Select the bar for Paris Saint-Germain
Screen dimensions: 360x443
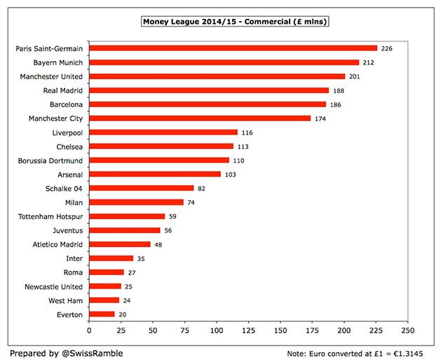pos(233,48)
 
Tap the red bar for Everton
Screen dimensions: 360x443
pos(102,314)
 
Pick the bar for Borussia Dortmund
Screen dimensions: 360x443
pos(159,160)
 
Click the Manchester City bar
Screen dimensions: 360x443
pos(200,118)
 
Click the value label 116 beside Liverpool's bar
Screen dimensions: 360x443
pos(246,132)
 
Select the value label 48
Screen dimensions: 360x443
pos(159,244)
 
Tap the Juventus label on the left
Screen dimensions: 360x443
pos(67,230)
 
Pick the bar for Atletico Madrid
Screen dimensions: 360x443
pos(120,244)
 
